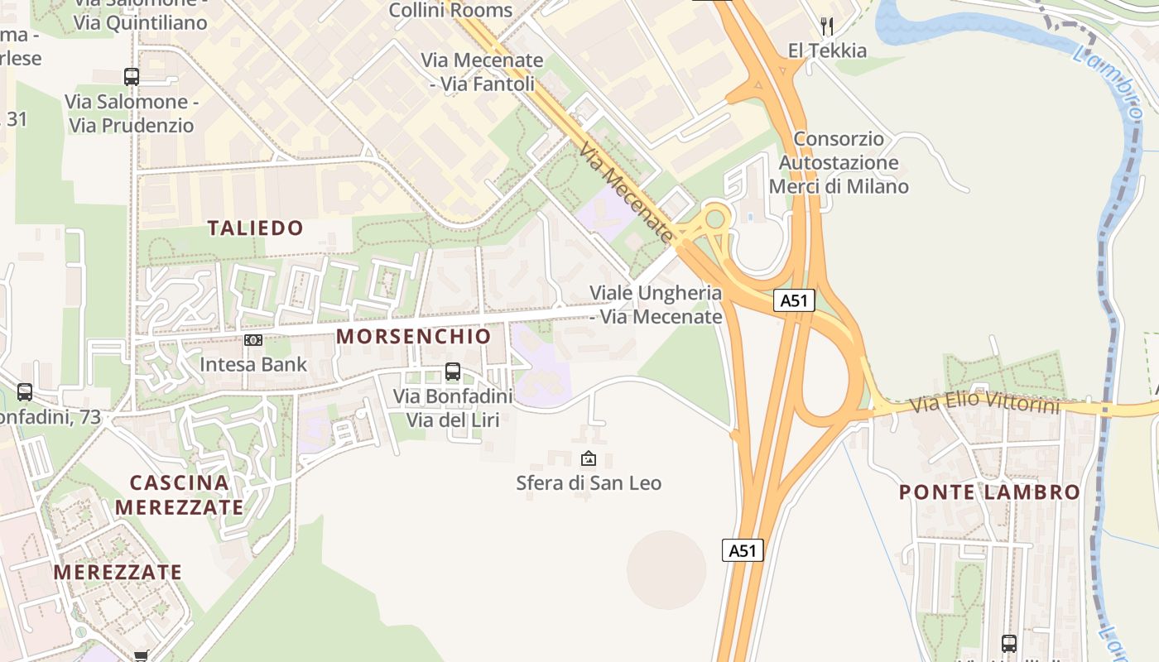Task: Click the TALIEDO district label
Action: tap(255, 228)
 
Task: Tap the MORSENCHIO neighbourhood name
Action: tap(413, 336)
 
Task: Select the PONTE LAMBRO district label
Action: tap(989, 492)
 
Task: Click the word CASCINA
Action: tap(180, 482)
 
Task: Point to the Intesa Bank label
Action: tap(253, 364)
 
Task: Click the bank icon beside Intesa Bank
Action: tap(253, 340)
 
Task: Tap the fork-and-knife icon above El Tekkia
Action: tap(826, 26)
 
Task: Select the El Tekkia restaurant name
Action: tap(827, 50)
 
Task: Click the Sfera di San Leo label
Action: tap(589, 482)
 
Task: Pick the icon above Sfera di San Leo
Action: tap(588, 458)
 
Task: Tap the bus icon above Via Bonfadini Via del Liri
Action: tap(452, 372)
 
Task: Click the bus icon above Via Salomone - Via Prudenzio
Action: tap(132, 77)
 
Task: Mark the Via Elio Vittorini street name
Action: tap(984, 404)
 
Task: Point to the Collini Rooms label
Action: tap(450, 11)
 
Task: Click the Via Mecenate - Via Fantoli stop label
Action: tap(482, 72)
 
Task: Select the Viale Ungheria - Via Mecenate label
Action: tap(656, 305)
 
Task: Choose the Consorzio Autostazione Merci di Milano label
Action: tap(839, 162)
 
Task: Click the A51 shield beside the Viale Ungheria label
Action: tap(794, 300)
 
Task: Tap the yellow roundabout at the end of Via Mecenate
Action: tap(714, 219)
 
